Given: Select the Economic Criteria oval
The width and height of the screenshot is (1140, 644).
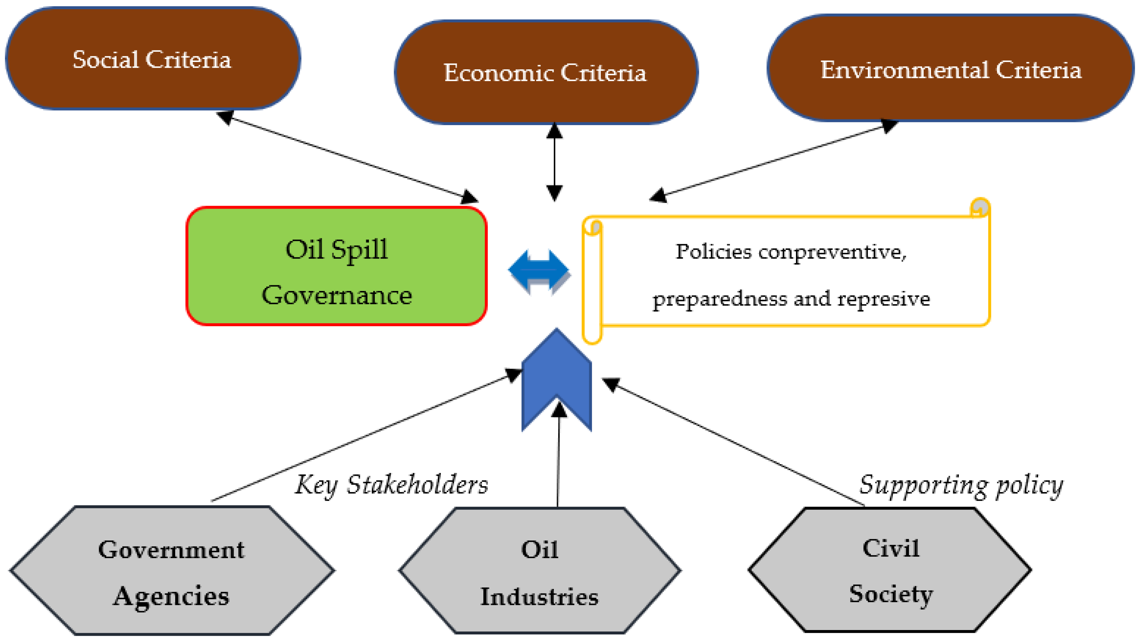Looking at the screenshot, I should pos(546,72).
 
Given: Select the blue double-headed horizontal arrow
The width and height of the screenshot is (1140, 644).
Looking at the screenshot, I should pos(539,270).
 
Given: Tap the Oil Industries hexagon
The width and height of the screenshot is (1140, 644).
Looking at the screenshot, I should pos(539,571).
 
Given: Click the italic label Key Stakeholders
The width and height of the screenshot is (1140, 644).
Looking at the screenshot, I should pos(391,485).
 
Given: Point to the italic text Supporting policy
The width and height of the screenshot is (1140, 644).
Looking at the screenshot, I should pos(960,485).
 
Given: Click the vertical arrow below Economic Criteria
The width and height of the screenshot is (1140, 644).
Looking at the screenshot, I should pos(554,162).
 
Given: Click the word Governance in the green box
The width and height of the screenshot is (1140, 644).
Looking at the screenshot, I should pos(336,295).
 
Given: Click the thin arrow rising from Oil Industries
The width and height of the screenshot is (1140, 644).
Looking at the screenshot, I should pos(558,460).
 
